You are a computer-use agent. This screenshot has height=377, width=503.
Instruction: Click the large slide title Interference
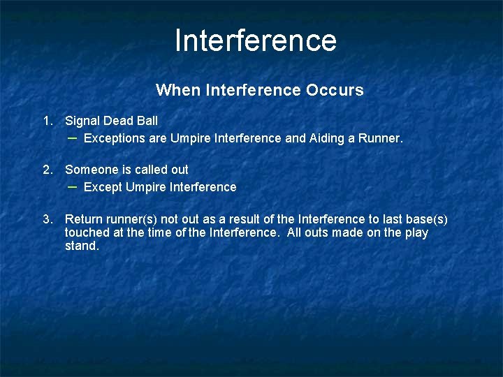tap(256, 40)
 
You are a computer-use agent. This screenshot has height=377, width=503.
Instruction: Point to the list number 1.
tap(48, 121)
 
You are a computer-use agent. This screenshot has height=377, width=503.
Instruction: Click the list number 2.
tap(48, 170)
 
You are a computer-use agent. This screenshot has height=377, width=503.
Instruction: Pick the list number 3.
tap(48, 219)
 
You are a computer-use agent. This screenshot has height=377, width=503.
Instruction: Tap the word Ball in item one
tap(147, 121)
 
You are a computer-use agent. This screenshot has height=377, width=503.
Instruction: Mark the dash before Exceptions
tap(72, 138)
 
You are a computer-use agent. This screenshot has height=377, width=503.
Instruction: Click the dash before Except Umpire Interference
tap(72, 187)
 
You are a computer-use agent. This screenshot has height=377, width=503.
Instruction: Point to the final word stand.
tap(82, 246)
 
